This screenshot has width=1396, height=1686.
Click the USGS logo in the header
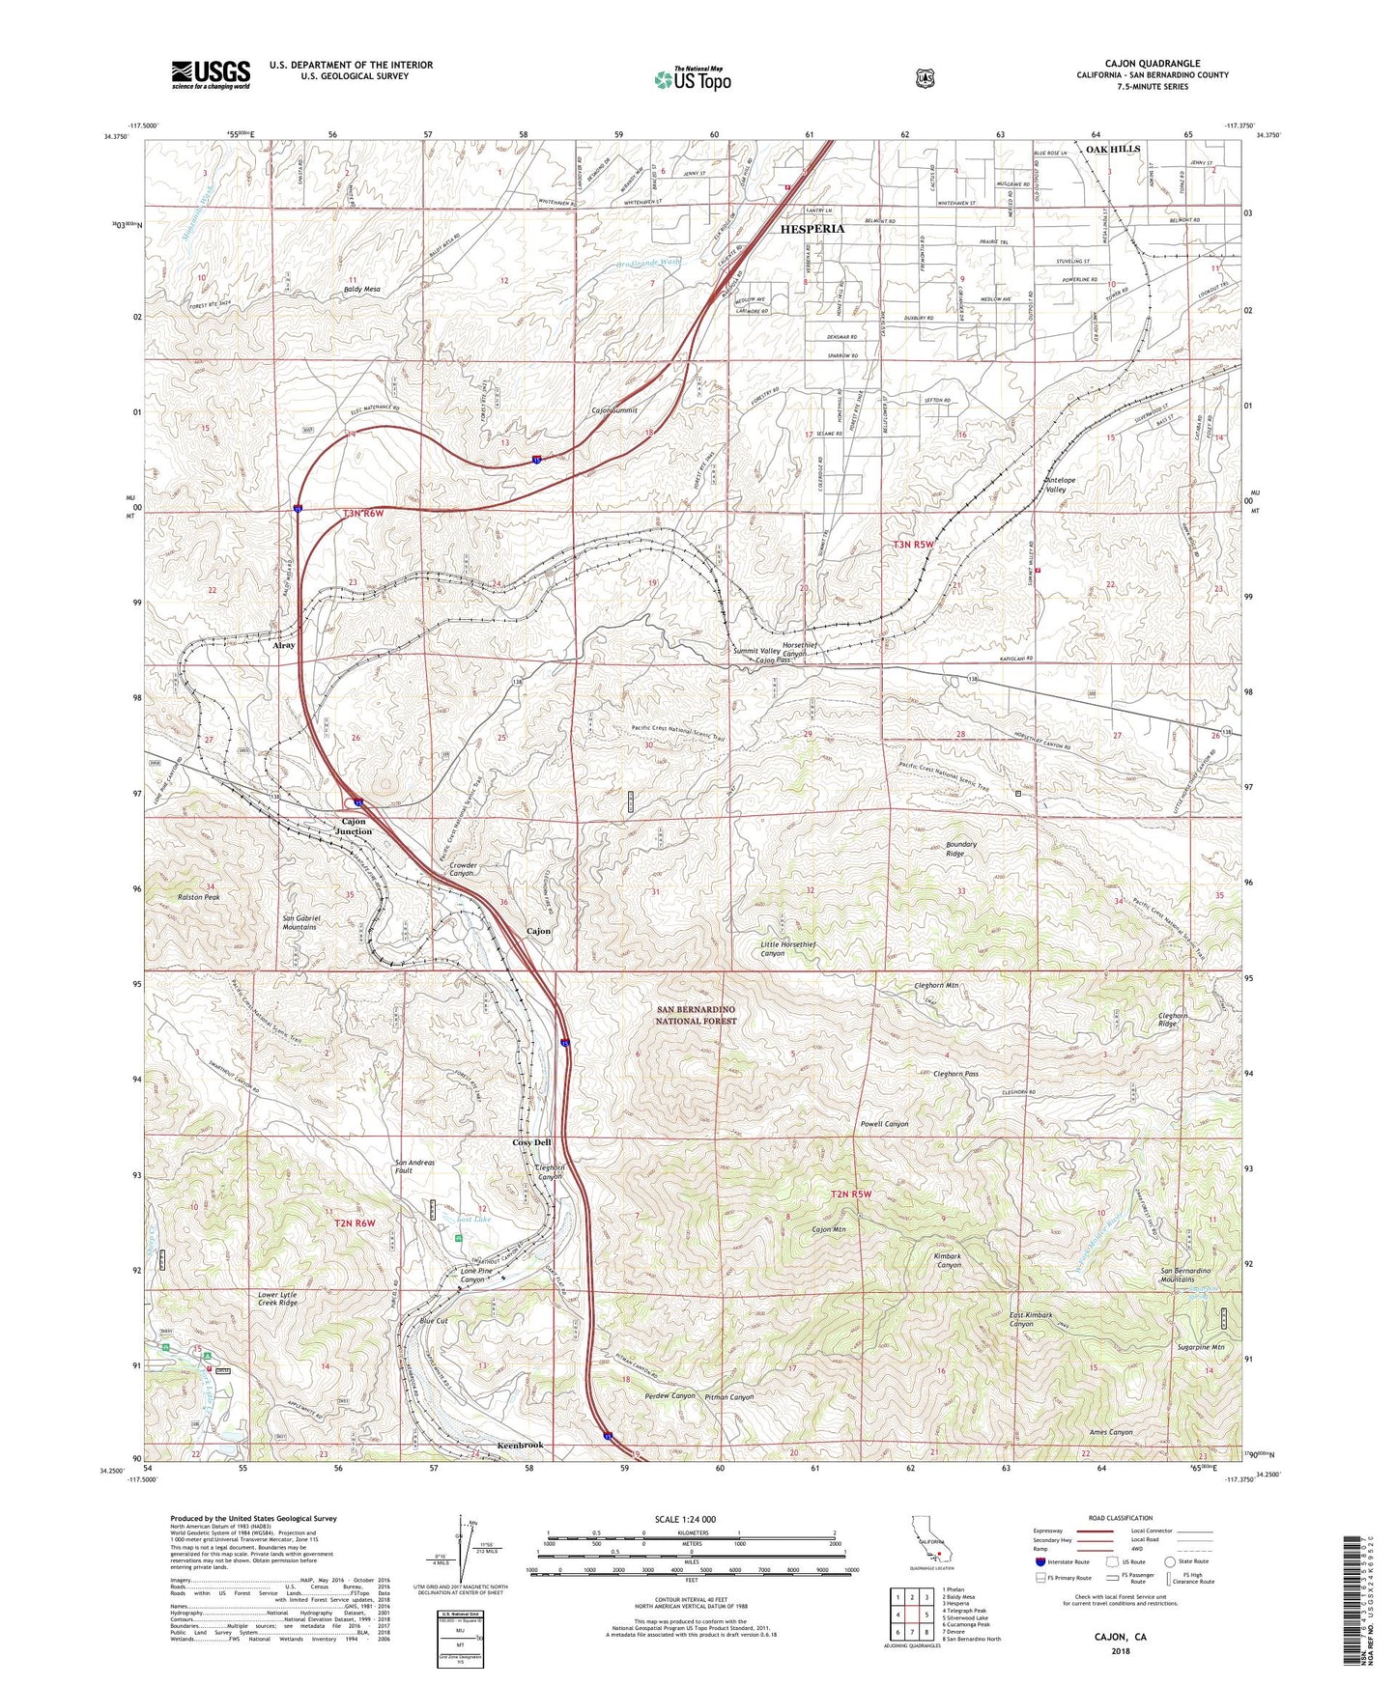coord(211,74)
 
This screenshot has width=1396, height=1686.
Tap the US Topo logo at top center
coord(691,78)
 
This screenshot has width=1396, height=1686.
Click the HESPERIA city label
coord(812,229)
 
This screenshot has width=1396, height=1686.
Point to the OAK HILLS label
coord(1112,149)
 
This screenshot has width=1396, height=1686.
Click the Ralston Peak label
coord(199,897)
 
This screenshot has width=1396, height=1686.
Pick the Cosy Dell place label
coord(531,1142)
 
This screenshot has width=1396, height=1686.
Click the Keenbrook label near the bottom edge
coord(520,1445)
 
